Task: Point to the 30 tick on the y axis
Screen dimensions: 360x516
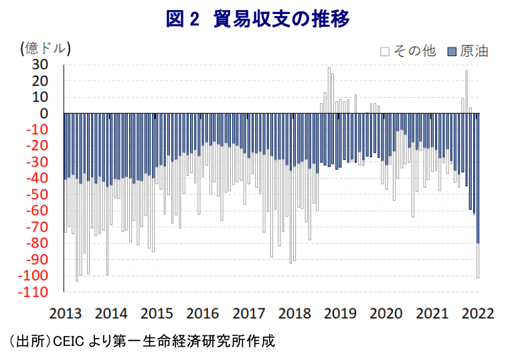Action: point(40,65)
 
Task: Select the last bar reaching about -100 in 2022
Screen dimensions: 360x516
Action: point(478,261)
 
